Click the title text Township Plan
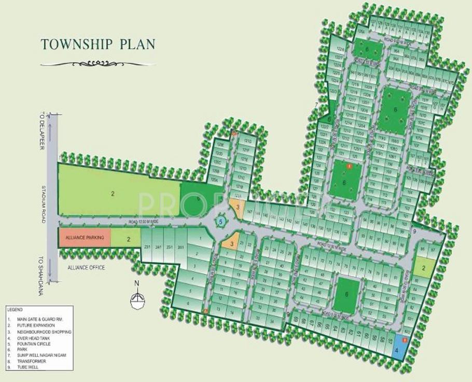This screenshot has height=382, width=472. click(98, 44)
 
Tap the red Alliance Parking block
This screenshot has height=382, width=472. click(84, 237)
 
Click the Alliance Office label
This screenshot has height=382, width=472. click(86, 268)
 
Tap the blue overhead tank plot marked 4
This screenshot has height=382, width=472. click(398, 345)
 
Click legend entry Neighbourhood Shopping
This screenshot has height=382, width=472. click(44, 332)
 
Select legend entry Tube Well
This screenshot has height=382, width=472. click(31, 367)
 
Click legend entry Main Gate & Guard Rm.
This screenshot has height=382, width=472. click(41, 320)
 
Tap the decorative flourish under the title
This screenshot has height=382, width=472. click(98, 64)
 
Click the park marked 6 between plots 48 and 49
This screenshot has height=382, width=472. click(346, 294)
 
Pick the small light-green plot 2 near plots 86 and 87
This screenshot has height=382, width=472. click(423, 268)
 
